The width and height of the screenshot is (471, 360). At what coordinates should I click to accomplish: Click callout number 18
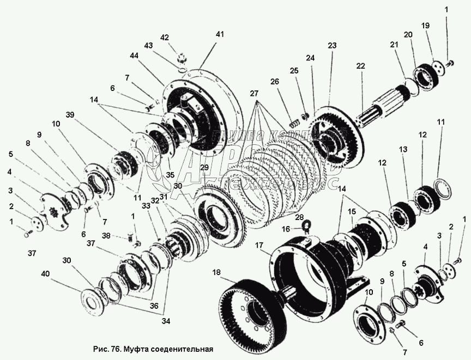tap(218, 273)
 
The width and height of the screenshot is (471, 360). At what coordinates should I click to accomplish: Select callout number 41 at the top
tap(219, 34)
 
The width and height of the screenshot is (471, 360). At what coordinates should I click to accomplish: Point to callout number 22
tap(360, 66)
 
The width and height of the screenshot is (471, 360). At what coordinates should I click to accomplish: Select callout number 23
tap(332, 46)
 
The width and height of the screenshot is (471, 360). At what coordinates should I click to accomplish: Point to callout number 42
tap(165, 37)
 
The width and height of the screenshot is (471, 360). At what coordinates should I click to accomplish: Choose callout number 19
tap(426, 25)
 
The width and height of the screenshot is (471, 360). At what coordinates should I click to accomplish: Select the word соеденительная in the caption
tap(182, 349)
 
